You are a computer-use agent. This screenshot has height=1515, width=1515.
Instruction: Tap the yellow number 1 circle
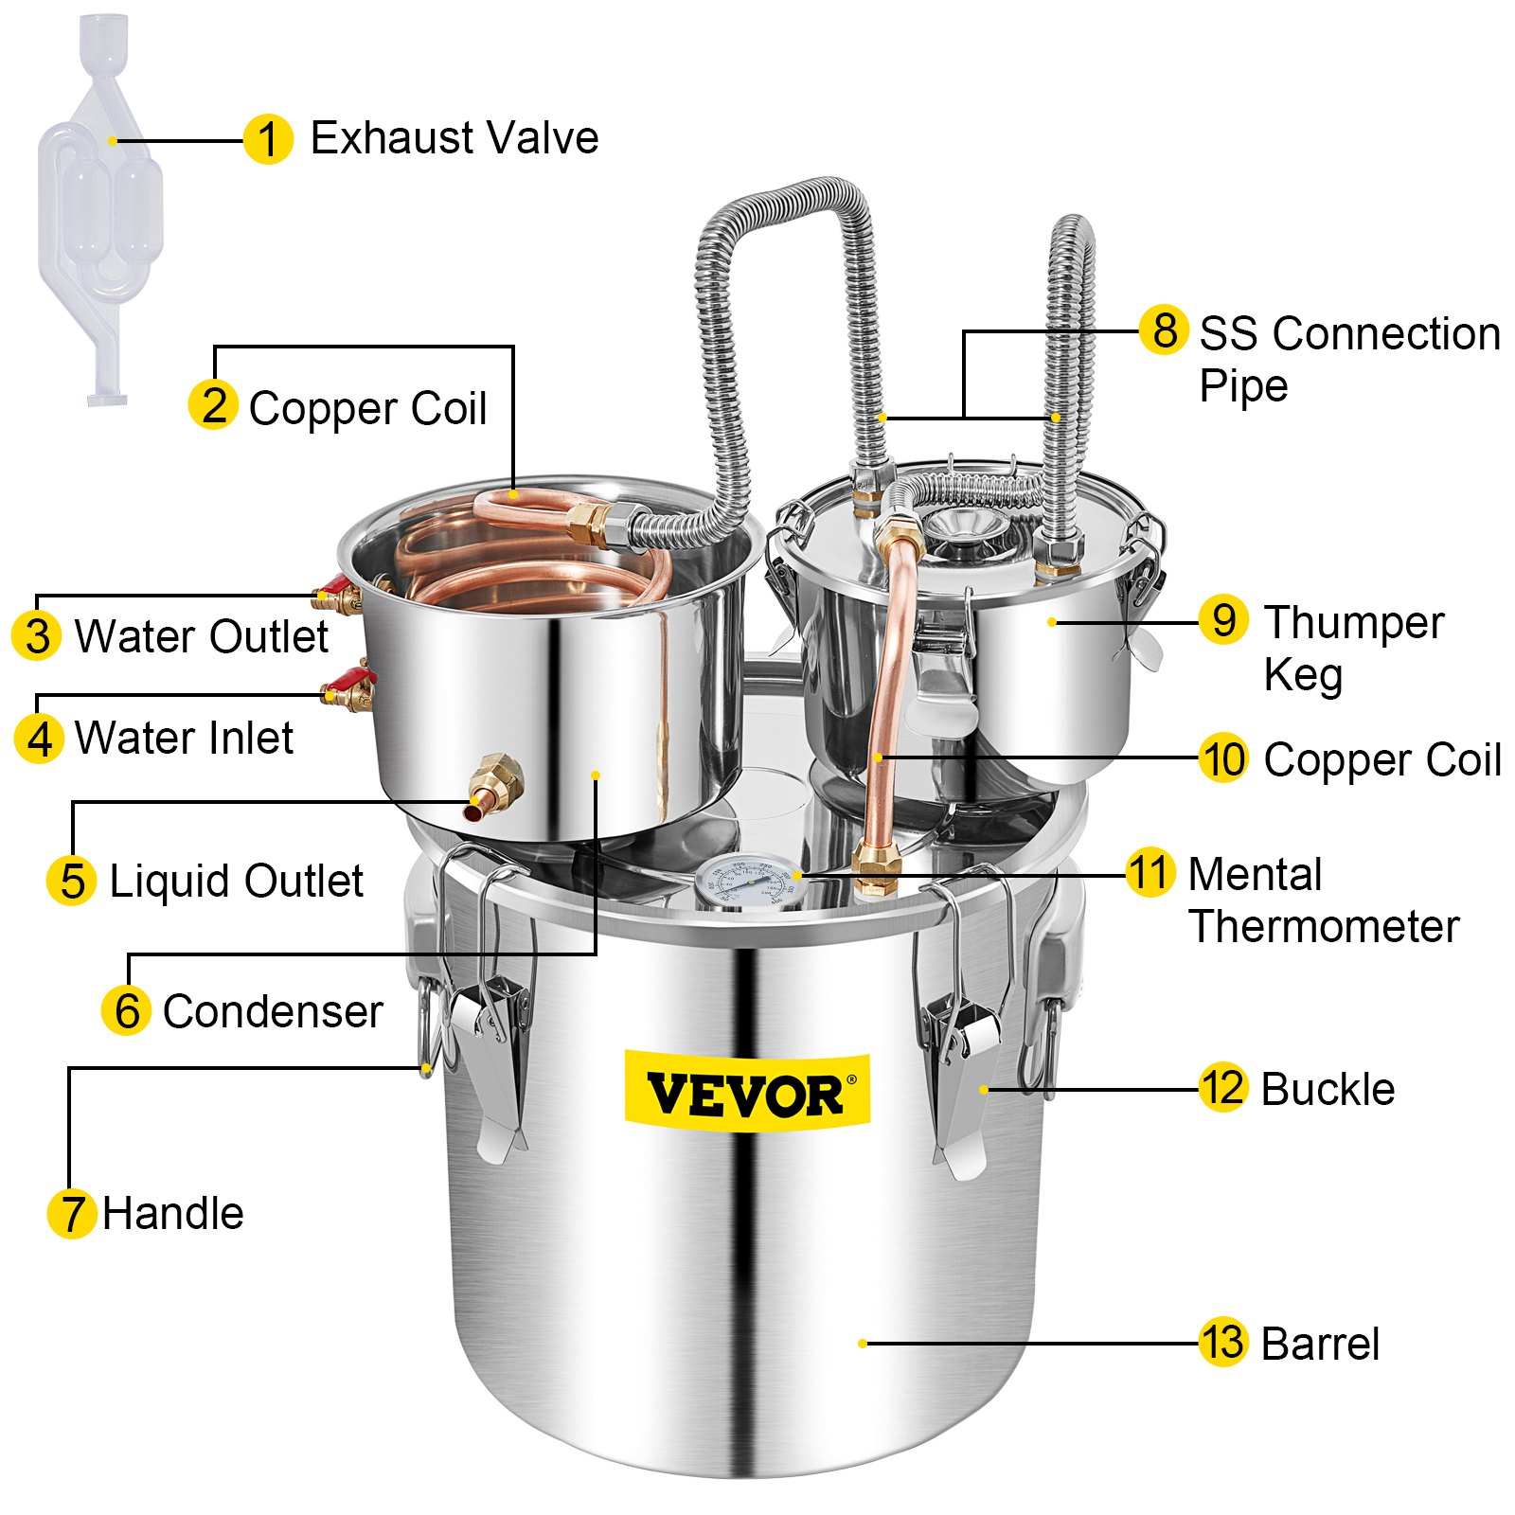[x=268, y=140]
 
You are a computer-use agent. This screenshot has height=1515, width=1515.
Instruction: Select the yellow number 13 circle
[x=1222, y=1343]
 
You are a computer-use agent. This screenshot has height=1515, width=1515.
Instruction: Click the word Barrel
[x=1320, y=1345]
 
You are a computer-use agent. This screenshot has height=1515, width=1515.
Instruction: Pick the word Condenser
[x=273, y=1011]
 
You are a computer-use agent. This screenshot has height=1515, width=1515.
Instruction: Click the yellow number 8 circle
[x=1164, y=330]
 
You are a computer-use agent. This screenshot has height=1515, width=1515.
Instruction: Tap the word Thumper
[x=1354, y=623]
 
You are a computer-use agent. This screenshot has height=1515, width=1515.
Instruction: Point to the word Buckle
[x=1328, y=1090]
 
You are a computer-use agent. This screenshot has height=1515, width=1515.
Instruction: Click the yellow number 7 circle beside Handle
[x=71, y=1214]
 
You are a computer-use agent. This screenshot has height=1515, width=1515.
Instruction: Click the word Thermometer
[x=1324, y=926]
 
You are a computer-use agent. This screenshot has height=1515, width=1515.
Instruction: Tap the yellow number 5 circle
[x=71, y=881]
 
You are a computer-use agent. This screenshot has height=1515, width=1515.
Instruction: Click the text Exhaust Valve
[x=454, y=138]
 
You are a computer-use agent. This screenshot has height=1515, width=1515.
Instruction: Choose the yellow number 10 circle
[x=1222, y=758]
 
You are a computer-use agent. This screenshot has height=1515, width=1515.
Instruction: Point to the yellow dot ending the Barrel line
[x=863, y=1343]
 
